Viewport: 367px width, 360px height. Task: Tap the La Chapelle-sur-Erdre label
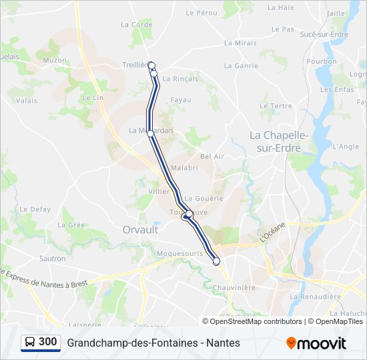(279, 141)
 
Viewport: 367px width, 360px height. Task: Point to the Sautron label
(53, 258)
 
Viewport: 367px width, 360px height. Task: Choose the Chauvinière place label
(235, 287)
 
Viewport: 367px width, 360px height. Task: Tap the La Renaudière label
(315, 296)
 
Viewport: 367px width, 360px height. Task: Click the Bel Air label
(212, 156)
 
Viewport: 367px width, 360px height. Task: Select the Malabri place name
(183, 168)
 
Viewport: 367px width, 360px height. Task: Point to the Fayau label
(181, 100)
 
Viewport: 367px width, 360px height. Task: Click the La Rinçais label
(180, 79)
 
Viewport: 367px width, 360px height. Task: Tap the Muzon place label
(55, 60)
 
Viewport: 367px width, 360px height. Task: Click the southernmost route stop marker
(216, 262)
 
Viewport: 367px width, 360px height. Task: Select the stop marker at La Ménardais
(151, 133)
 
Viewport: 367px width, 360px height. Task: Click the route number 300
(48, 342)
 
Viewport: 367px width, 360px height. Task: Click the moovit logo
(316, 343)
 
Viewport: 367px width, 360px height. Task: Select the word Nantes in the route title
(223, 343)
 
